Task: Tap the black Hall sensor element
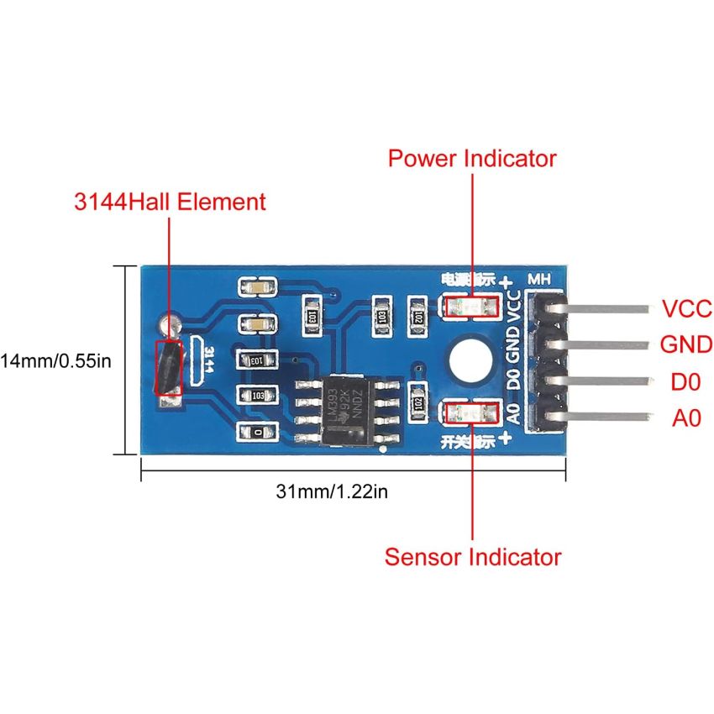tap(169, 367)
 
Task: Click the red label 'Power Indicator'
tap(472, 158)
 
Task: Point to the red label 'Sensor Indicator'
tap(473, 556)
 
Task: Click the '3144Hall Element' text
tap(170, 202)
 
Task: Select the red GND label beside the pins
tap(686, 344)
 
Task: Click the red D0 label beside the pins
tap(685, 381)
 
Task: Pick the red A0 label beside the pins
tap(685, 418)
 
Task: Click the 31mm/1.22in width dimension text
tap(332, 491)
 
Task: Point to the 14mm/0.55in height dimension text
tap(55, 361)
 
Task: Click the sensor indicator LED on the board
tap(472, 412)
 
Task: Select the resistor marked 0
tap(258, 431)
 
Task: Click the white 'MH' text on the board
tap(538, 279)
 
